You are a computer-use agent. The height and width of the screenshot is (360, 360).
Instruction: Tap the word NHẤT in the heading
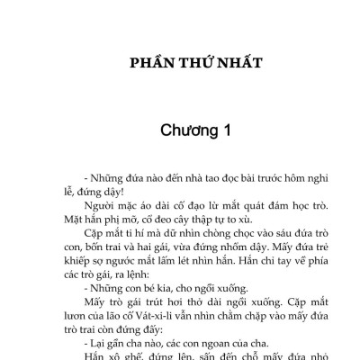pyautogui.click(x=238, y=65)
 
